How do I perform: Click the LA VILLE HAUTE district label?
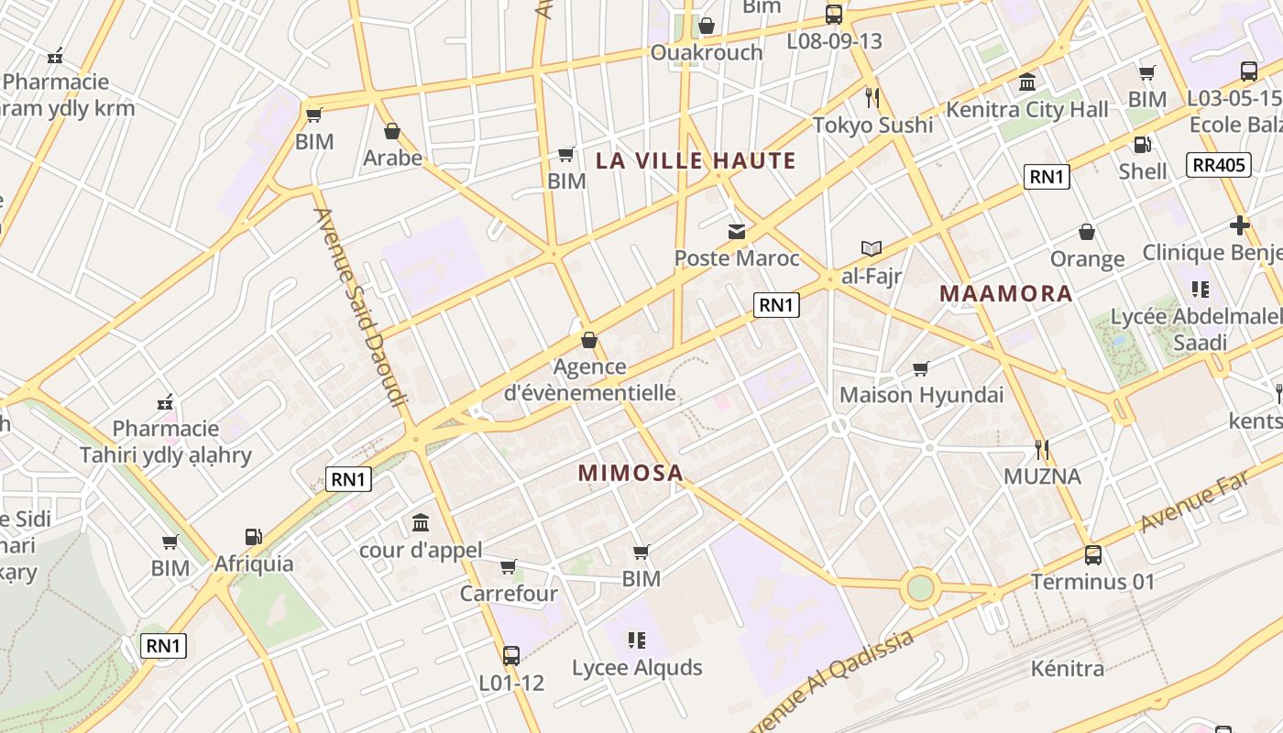(x=696, y=161)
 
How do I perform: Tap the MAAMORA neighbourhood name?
(x=1006, y=294)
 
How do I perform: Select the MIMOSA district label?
(x=631, y=474)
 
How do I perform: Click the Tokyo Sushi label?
(x=872, y=126)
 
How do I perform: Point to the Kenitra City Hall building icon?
(x=1027, y=82)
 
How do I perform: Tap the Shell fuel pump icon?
(x=1142, y=144)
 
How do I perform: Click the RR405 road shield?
(x=1218, y=165)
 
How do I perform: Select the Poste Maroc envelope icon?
(x=737, y=232)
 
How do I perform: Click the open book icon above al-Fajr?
(x=871, y=248)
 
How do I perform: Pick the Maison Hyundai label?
(x=921, y=396)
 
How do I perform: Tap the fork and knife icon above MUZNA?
(x=1041, y=449)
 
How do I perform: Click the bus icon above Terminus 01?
(x=1092, y=554)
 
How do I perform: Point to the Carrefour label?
(x=509, y=594)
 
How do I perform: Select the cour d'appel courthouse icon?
(x=421, y=522)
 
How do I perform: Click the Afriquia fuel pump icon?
(x=253, y=537)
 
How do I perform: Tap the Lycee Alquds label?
(x=637, y=668)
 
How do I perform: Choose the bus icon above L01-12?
(x=511, y=655)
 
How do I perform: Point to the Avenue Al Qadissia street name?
(x=832, y=680)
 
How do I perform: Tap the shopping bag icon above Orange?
(x=1087, y=232)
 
